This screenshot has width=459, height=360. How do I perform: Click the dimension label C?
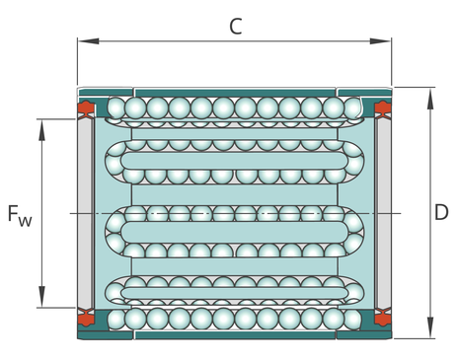(x=236, y=27)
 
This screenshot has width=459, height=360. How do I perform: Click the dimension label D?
(x=441, y=212)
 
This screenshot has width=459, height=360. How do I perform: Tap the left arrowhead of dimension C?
(x=89, y=41)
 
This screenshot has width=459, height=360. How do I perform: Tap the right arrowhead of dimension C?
(x=380, y=41)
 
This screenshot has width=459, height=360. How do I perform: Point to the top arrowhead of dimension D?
(x=429, y=99)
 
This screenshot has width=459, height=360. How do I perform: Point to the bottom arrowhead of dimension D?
(x=429, y=327)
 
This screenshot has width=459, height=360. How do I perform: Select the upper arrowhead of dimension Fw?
(x=41, y=130)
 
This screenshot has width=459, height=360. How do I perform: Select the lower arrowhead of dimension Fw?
(x=41, y=297)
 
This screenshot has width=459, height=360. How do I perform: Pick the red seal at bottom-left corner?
(x=86, y=318)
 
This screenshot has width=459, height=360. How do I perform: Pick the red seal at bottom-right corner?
(x=383, y=318)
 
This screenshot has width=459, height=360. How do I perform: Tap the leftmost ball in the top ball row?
(x=116, y=108)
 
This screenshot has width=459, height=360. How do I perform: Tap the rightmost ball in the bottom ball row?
(x=352, y=320)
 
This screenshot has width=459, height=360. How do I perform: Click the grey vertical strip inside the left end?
(x=85, y=214)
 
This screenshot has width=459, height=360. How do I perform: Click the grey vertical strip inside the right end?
(x=384, y=214)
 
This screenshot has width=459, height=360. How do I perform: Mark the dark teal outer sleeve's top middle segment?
(x=236, y=93)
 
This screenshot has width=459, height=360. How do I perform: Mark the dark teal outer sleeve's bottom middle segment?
(x=236, y=334)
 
